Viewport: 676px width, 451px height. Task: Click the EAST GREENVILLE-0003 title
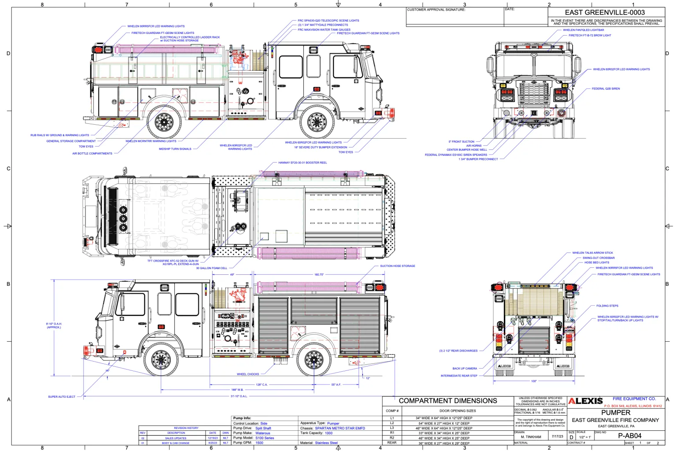[x=605, y=12]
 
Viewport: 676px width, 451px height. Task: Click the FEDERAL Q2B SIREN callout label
[x=606, y=89]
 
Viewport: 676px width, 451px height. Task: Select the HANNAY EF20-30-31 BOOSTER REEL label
[x=302, y=163]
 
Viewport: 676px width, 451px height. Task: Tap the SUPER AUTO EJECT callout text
[x=62, y=397]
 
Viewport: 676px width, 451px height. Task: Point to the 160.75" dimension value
[x=319, y=274]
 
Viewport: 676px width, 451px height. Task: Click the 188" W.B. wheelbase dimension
[x=237, y=390]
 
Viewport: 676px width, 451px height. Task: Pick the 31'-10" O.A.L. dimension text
[x=239, y=396]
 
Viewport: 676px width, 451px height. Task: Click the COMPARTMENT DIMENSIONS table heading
[x=448, y=401]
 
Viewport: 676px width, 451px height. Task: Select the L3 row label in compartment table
[x=392, y=428]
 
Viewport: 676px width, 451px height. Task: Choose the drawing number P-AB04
[x=629, y=436]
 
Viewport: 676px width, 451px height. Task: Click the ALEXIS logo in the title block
[x=585, y=401]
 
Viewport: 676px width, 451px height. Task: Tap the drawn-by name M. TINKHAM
[x=531, y=437]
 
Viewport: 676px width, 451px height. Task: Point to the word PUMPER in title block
[x=616, y=413]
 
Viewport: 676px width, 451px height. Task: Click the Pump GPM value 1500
[x=259, y=443]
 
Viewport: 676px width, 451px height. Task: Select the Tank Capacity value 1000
[x=329, y=433]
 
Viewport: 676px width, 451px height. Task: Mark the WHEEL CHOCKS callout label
[x=248, y=374]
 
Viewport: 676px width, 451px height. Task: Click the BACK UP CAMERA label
[x=464, y=369]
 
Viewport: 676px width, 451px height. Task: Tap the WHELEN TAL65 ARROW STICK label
[x=592, y=253]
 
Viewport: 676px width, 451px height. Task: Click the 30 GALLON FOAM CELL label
[x=212, y=268]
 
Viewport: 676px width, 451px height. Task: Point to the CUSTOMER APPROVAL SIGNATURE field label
[x=436, y=10]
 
